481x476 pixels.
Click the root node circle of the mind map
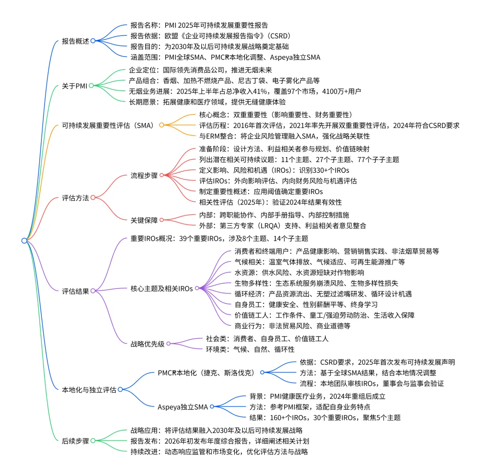[x=24, y=240]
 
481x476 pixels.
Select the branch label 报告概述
[x=75, y=41]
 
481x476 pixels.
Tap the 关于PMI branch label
[x=74, y=86]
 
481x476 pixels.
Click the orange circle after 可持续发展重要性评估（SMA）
[x=162, y=125]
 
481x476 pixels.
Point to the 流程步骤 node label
[x=144, y=175]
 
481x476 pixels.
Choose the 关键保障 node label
[x=144, y=220]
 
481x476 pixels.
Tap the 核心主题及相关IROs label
[x=162, y=288]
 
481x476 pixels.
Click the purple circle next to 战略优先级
[x=169, y=343]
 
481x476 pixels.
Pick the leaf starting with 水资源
[x=299, y=273]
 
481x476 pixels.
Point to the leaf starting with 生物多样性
[x=316, y=283]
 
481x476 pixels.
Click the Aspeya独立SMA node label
[x=183, y=407]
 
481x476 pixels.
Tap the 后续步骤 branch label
[x=75, y=440]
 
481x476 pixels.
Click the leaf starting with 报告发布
[x=220, y=441]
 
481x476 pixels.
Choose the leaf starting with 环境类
[x=250, y=349]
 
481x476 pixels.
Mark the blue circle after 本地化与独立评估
[x=120, y=390]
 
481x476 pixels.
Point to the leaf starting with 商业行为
[x=292, y=326]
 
